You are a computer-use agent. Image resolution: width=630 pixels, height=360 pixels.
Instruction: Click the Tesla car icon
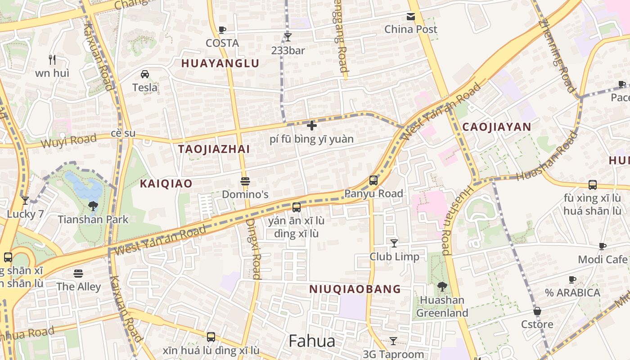(x=145, y=74)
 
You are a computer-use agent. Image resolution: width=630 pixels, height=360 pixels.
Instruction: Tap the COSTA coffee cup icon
(x=222, y=30)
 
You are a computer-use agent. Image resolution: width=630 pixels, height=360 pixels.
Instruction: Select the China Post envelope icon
(x=411, y=17)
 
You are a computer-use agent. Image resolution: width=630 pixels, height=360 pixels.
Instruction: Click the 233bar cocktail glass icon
(x=288, y=37)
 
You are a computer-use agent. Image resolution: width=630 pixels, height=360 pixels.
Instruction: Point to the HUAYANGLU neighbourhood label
(x=220, y=63)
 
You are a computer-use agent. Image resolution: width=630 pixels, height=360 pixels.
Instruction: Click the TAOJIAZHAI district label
(x=214, y=149)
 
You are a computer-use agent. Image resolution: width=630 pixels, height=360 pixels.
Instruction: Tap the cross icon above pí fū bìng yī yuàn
(x=311, y=126)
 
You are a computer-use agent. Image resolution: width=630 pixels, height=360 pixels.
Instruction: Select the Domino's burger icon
(x=245, y=181)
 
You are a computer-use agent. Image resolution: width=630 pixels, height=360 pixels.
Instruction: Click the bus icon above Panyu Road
(x=373, y=180)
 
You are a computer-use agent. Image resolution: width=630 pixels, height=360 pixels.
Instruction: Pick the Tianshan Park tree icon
(x=93, y=206)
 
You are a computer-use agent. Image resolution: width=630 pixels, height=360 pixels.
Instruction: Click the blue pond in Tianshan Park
(x=83, y=184)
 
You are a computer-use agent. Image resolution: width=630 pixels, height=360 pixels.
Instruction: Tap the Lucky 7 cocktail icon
(x=25, y=201)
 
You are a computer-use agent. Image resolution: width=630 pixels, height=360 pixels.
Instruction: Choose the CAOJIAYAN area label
(x=497, y=127)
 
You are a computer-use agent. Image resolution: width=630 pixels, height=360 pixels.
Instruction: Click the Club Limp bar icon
(x=394, y=243)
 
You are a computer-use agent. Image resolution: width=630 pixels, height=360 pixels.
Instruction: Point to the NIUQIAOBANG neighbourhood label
(x=355, y=289)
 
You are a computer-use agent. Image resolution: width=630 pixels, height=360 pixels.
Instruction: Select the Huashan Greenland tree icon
(x=442, y=286)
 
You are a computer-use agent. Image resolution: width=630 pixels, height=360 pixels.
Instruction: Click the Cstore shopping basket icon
(x=537, y=311)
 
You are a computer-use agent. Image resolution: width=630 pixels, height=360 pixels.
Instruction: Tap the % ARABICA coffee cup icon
(x=572, y=279)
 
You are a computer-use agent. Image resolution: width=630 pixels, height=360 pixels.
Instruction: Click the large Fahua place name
(x=312, y=341)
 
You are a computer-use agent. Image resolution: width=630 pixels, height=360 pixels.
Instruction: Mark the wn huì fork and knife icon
(x=52, y=59)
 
